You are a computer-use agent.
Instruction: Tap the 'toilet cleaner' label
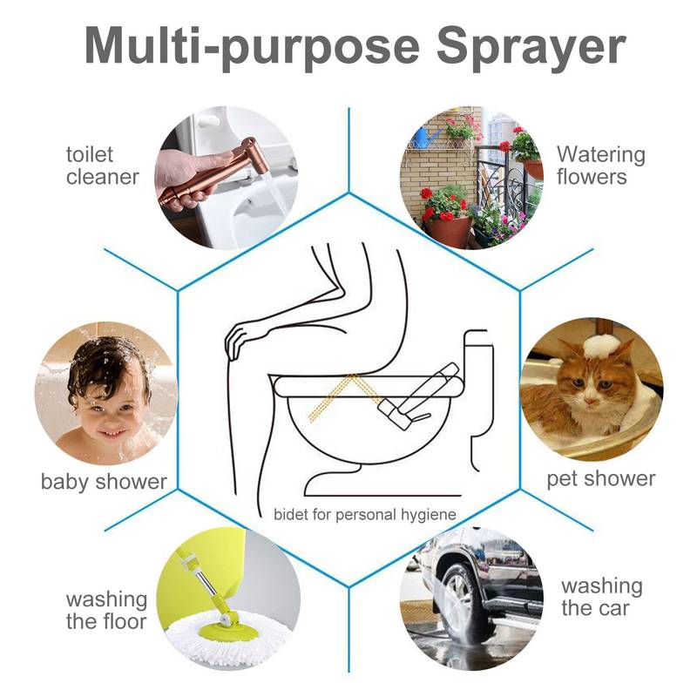[102, 166]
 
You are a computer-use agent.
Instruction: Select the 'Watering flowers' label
[600, 166]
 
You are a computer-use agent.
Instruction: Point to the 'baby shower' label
[104, 481]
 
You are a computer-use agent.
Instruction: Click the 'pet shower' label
[600, 478]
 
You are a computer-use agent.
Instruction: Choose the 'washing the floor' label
[106, 610]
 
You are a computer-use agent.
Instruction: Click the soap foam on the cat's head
[601, 346]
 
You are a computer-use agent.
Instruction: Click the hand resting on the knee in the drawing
[240, 340]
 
